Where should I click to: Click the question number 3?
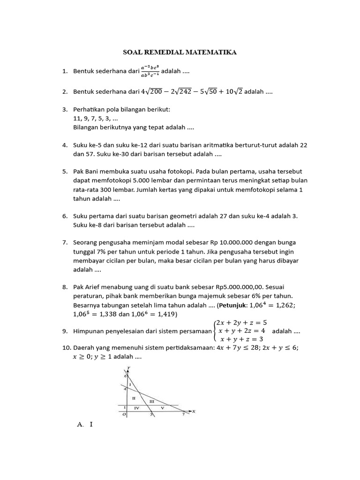(x=65, y=109)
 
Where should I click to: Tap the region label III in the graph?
(x=151, y=402)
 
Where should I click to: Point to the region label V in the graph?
(x=162, y=409)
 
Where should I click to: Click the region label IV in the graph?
(x=136, y=409)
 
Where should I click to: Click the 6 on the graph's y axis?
(x=125, y=376)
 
